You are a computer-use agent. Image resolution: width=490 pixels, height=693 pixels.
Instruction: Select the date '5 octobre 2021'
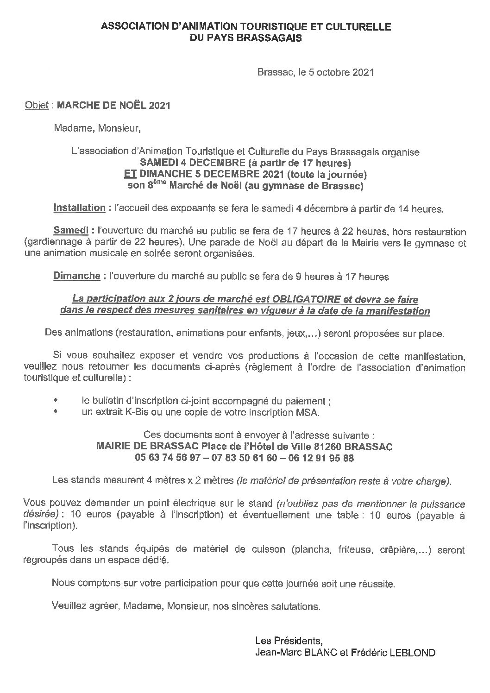[x=345, y=72]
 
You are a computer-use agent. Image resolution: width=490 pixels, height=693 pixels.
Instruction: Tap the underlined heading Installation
[x=79, y=208]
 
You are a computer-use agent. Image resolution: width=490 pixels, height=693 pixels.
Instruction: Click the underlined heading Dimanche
[x=76, y=276]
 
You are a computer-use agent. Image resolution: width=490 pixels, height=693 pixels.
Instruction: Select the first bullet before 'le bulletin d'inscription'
[x=57, y=400]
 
